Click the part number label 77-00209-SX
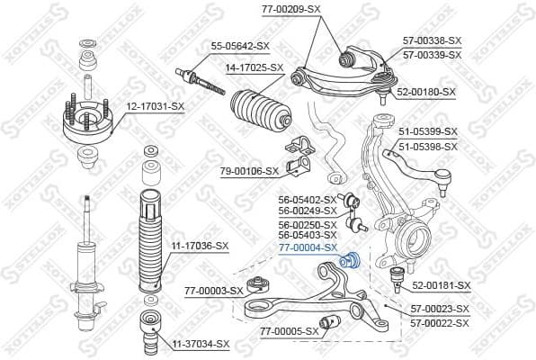tap(292, 8)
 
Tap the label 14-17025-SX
tap(255, 67)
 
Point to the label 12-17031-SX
tap(155, 107)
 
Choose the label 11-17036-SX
tap(201, 246)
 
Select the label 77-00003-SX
tap(213, 291)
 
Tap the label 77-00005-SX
tap(290, 331)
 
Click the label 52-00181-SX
tap(441, 285)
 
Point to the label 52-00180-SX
tap(426, 92)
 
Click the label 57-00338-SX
tap(433, 41)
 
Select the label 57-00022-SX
tap(440, 321)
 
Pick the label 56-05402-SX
tap(308, 199)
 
